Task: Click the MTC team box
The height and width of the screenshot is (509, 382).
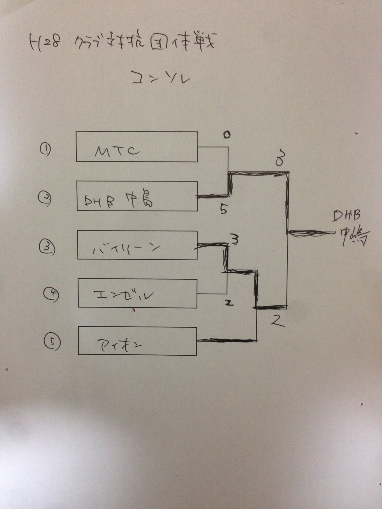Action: tap(137, 147)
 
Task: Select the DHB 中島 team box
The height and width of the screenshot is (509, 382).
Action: tap(137, 196)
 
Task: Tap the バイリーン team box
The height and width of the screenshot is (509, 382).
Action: tap(137, 245)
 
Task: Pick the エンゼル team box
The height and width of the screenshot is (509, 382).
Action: tap(137, 293)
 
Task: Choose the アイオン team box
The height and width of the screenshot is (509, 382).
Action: tap(137, 341)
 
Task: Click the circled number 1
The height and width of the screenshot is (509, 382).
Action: tap(45, 149)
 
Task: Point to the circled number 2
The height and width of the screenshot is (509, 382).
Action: tap(43, 197)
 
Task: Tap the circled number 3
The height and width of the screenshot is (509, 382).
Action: tap(45, 246)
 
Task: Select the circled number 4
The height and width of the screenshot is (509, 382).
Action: tap(51, 295)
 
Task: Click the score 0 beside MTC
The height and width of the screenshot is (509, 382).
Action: tap(226, 135)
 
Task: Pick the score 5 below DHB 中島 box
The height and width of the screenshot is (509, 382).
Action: tap(224, 209)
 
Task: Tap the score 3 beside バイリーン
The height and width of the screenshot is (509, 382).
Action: tap(235, 240)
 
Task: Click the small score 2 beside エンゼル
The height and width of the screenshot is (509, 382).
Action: tap(229, 302)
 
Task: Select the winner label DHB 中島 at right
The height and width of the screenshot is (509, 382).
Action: tap(352, 228)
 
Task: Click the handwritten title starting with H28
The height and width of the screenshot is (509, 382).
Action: tap(122, 44)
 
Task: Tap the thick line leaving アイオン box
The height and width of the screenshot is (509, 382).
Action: tap(226, 340)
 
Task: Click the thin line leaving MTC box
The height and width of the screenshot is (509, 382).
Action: tap(213, 147)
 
